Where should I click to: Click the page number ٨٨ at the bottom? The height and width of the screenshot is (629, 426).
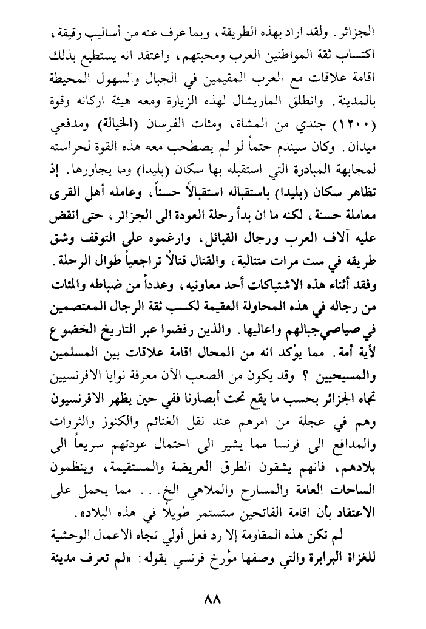pos(213,597)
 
